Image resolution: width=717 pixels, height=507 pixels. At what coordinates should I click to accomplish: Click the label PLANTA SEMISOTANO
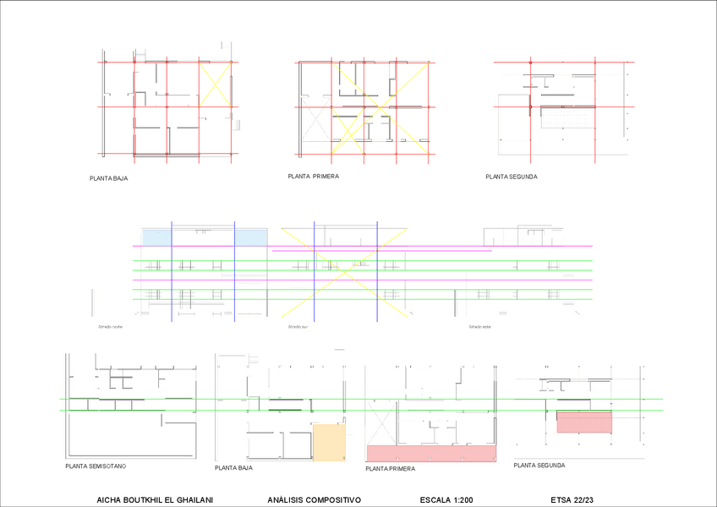click(x=96, y=466)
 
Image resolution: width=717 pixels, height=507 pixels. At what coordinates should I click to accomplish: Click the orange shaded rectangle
click(x=329, y=442)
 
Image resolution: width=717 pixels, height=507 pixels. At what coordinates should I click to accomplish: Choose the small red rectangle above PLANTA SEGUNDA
click(x=583, y=422)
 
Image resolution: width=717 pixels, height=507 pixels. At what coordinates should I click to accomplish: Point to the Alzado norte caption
click(x=110, y=325)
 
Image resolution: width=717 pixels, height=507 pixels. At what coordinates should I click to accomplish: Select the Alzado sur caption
click(x=296, y=325)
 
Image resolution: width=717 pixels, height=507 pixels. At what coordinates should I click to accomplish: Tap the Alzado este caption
click(x=479, y=326)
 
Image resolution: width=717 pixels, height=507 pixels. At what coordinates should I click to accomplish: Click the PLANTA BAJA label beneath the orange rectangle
click(x=234, y=467)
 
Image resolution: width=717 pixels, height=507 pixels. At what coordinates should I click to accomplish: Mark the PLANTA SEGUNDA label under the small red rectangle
click(x=539, y=466)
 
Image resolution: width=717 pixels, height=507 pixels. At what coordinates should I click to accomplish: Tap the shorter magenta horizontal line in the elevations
click(x=380, y=251)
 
